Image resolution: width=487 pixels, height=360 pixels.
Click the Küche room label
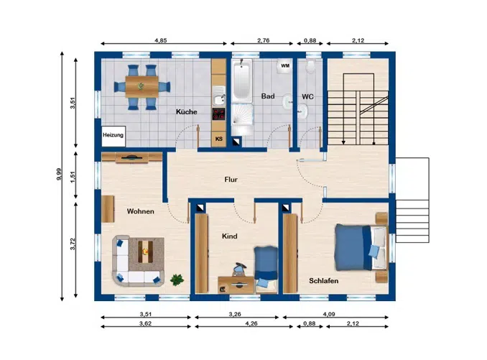coord(187,112)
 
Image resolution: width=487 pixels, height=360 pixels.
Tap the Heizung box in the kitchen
coord(113,135)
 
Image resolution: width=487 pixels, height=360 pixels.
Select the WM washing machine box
coord(285,66)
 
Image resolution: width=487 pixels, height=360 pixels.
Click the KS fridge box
coord(218,139)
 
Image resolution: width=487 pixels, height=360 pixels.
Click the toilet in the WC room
coord(310,67)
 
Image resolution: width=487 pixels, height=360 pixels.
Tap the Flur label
coord(230,180)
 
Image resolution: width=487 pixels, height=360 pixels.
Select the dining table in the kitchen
coord(141,86)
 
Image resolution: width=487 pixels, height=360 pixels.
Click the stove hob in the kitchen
coord(218,115)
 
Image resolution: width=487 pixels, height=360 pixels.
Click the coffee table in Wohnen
coord(148,252)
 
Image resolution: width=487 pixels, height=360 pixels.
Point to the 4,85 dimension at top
coord(161,41)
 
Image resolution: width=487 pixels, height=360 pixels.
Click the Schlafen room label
coord(323,280)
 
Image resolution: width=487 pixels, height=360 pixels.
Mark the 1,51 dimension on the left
coord(72,174)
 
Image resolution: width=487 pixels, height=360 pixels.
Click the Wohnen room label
coord(141,211)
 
